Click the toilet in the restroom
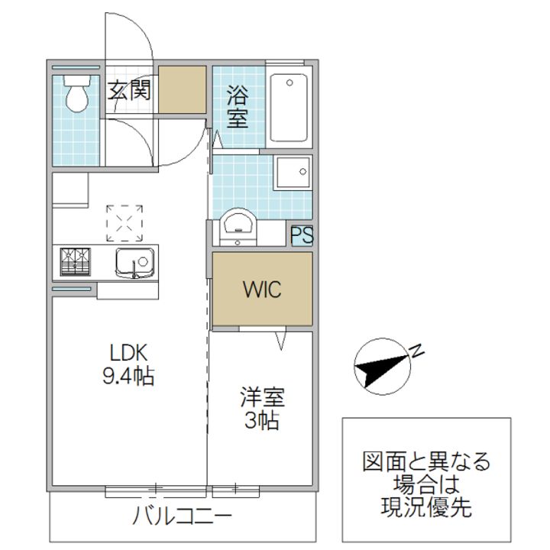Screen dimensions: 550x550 coord(76,95)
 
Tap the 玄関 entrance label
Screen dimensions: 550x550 coord(128,91)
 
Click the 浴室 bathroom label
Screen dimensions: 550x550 coord(237,106)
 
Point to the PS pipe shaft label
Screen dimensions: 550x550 coord(302,235)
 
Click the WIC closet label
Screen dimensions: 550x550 coord(262,290)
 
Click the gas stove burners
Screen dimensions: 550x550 coord(74,262)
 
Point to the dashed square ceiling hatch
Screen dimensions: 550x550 coord(125,222)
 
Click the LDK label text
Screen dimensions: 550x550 coord(128,353)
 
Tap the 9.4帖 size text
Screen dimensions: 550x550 coord(128,376)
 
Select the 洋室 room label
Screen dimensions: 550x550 coord(262,397)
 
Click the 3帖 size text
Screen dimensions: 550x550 coord(262,420)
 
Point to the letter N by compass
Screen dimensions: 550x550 coord(417,351)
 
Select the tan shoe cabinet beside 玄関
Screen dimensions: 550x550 coord(182,90)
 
